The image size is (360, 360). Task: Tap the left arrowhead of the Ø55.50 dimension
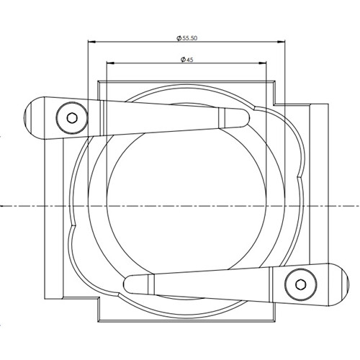click(91, 42)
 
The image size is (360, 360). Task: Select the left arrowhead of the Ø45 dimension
click(109, 63)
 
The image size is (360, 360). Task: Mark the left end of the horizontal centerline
click(4, 205)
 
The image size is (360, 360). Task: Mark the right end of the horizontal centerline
click(356, 205)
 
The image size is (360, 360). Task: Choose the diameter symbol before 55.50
click(178, 37)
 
